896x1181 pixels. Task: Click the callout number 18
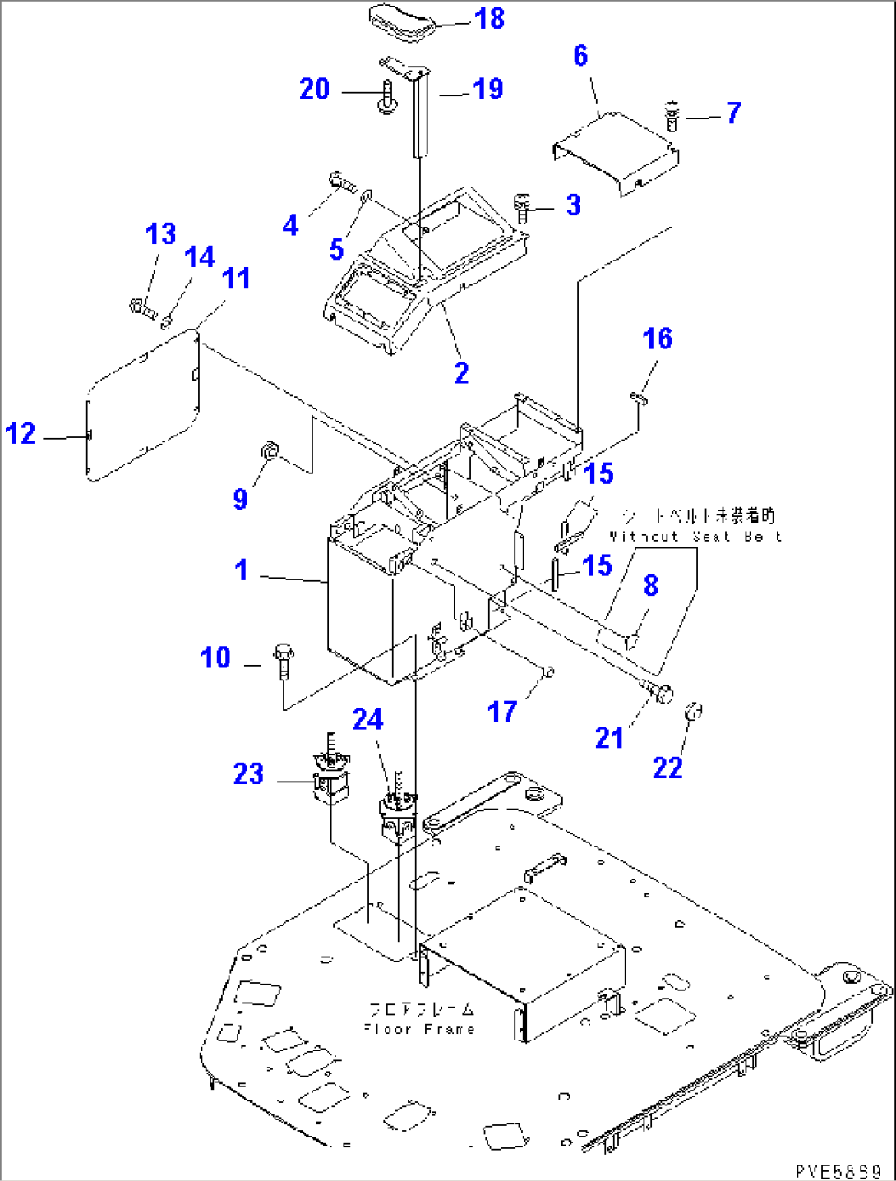490,18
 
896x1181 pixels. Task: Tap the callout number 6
580,56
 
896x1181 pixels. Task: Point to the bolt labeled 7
672,115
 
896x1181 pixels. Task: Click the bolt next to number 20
386,96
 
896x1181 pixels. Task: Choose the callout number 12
21,433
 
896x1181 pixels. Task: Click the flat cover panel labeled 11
144,403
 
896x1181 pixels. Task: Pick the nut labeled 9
269,451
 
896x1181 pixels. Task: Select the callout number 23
248,773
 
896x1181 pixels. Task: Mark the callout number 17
502,712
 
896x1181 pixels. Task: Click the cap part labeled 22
693,712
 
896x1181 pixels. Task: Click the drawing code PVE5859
838,1170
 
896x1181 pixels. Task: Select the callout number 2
462,372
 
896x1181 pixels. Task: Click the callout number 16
657,339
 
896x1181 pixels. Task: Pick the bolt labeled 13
141,309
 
